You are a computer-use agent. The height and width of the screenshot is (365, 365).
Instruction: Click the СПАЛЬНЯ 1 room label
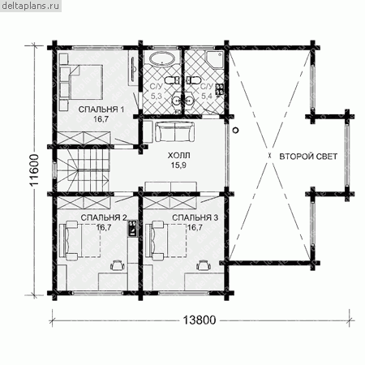tap(101, 109)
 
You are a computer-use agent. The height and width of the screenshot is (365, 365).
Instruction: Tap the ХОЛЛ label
tap(178, 156)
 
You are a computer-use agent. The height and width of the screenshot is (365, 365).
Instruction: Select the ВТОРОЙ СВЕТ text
tap(308, 157)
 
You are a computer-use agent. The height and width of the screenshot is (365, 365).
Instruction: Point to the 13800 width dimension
tap(200, 320)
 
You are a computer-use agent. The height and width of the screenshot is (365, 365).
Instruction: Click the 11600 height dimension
tap(35, 170)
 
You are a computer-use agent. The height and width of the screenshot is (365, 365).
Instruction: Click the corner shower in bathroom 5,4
tap(215, 59)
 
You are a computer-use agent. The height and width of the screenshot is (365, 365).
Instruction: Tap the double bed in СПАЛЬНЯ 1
tap(86, 82)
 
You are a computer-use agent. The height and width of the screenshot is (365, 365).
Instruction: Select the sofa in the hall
tap(175, 131)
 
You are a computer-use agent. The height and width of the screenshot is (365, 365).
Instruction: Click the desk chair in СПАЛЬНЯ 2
tap(118, 264)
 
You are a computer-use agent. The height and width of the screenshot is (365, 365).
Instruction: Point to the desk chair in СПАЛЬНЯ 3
tap(204, 264)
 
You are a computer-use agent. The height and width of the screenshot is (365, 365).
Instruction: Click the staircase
tap(83, 170)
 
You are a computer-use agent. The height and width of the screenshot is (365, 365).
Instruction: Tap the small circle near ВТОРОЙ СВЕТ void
tap(236, 130)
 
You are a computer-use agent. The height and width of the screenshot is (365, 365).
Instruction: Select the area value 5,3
tap(156, 97)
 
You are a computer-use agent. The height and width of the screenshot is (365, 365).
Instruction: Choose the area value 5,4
tap(207, 97)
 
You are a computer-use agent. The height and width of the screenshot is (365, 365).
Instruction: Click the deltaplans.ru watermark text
tap(30, 6)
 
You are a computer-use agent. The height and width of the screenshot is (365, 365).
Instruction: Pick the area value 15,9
tap(178, 165)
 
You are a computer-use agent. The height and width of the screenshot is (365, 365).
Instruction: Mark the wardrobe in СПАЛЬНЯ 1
tap(84, 138)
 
